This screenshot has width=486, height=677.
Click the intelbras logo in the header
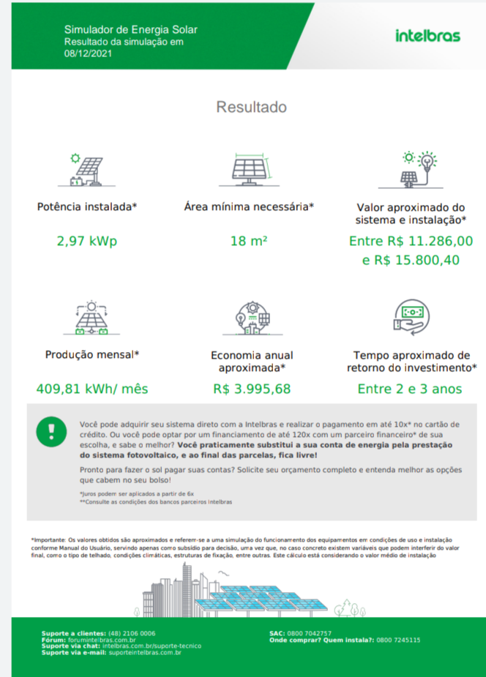click(427, 36)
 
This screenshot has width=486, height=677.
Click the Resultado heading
click(251, 108)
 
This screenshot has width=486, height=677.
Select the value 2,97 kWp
click(87, 242)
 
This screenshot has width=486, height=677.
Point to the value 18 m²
click(249, 242)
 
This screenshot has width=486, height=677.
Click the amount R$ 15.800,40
click(411, 260)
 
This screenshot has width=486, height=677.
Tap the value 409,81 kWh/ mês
click(92, 389)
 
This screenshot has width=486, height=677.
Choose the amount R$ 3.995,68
click(252, 389)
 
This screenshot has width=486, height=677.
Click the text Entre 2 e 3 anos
click(410, 389)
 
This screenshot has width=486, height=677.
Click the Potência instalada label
click(87, 207)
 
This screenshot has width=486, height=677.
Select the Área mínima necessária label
click(249, 207)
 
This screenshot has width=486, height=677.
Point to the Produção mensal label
click(92, 355)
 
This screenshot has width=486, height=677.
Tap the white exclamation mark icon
click(51, 430)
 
